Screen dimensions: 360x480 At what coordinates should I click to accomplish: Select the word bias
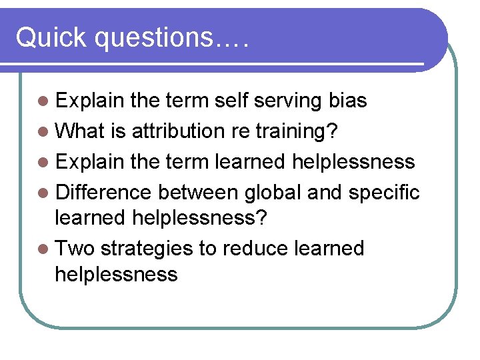tap(348, 101)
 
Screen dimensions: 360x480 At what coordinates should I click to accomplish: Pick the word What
tap(83, 131)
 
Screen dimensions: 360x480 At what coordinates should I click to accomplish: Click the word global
tap(273, 193)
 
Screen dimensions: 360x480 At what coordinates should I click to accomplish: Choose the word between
tap(198, 192)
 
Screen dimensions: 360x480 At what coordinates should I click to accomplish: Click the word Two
tap(75, 249)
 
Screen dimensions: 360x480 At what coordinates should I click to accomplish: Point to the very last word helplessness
tap(116, 274)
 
